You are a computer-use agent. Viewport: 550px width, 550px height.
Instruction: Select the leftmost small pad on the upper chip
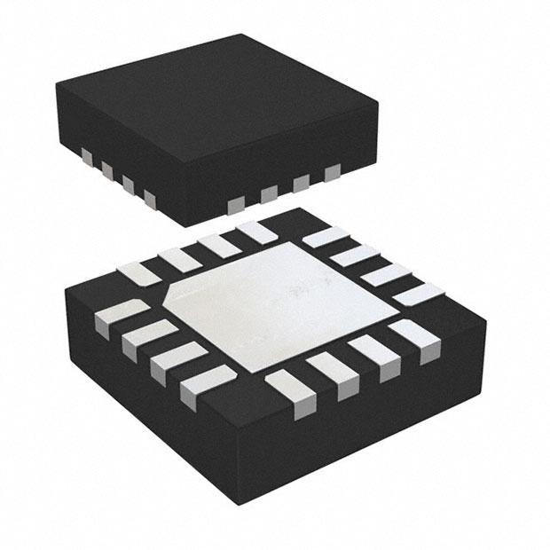coord(88,157)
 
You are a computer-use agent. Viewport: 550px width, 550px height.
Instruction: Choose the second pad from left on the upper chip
coord(107,169)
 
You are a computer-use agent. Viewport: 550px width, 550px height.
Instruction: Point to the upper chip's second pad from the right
coord(301,183)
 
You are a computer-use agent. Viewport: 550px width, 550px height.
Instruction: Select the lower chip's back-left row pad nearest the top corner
coord(255,232)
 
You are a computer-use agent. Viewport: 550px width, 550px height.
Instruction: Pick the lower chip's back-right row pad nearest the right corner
coord(410,294)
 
